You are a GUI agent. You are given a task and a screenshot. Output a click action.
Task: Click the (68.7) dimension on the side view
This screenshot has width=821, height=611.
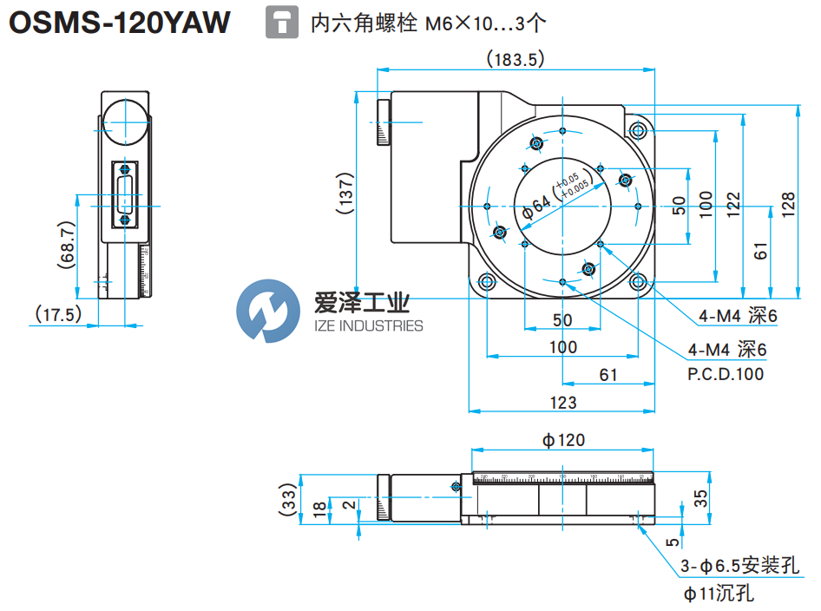coord(66,246)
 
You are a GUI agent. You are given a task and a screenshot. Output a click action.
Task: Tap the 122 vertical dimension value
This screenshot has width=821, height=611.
coord(733,205)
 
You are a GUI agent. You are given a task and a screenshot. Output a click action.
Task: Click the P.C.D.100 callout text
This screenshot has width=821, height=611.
coord(726,374)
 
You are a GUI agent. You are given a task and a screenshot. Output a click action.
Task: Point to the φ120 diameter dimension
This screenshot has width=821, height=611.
coord(563,440)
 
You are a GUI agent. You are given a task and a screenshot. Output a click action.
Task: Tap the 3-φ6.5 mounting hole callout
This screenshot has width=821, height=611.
coord(738,567)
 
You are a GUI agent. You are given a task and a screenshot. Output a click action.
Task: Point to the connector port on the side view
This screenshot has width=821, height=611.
coord(125,196)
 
